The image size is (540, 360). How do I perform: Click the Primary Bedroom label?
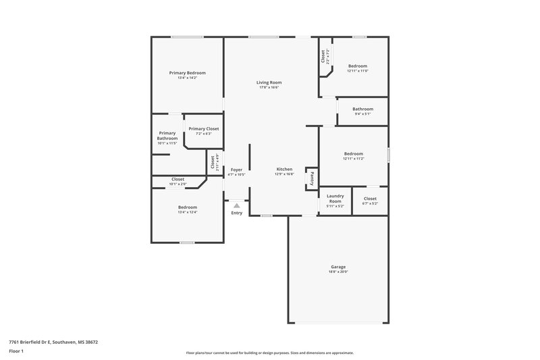187,72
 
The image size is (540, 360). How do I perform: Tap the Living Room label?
269,82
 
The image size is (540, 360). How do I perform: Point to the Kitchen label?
284,169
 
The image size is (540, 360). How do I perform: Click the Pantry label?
311,178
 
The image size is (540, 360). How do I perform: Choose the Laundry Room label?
335,199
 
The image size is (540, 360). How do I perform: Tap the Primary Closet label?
203,128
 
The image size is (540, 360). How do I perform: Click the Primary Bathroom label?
167,136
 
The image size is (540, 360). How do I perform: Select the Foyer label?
236,170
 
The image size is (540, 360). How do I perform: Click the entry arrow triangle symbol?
236,205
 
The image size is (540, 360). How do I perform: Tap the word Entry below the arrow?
236,213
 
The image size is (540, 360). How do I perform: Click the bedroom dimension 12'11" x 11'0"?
358,71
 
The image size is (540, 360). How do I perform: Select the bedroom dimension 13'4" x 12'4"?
187,212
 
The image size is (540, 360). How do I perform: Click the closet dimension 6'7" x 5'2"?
370,203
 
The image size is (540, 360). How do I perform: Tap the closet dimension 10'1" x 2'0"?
178,184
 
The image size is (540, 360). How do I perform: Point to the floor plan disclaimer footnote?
269,353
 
